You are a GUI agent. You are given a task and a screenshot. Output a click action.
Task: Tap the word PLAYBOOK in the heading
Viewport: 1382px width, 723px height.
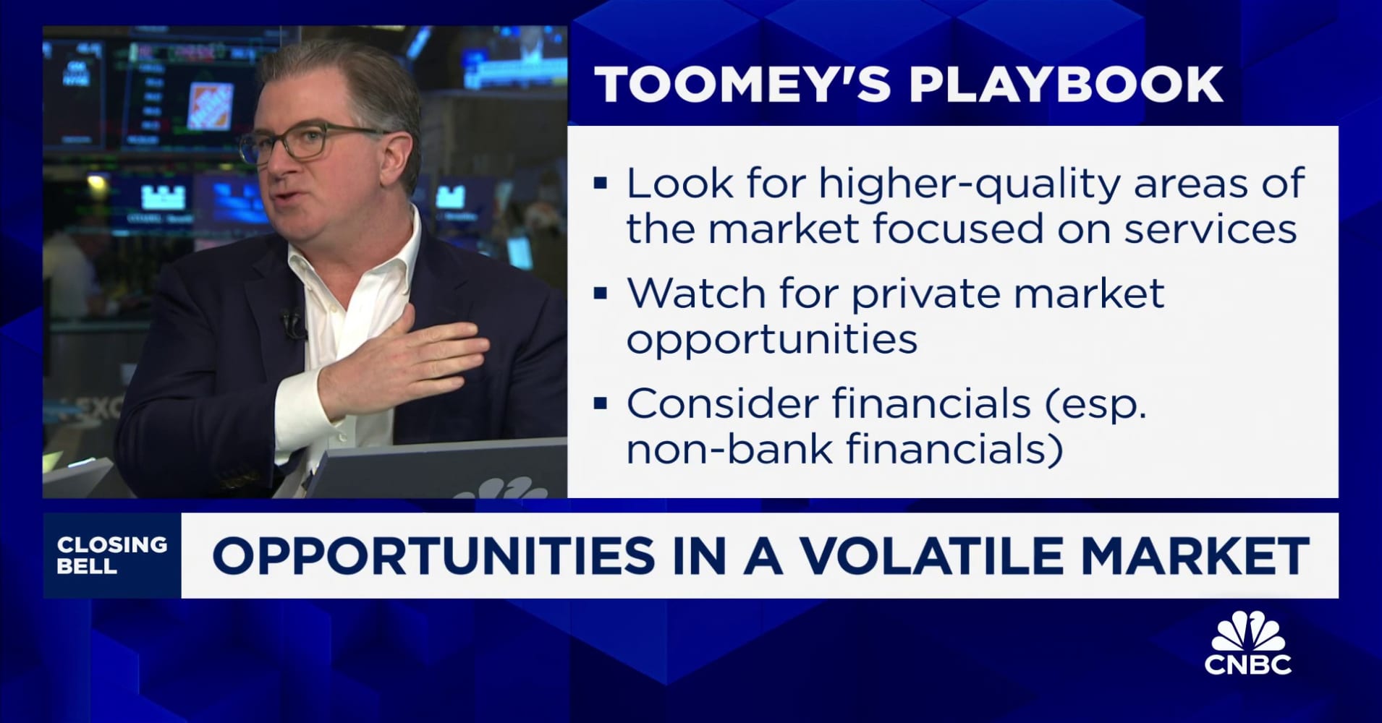1065,85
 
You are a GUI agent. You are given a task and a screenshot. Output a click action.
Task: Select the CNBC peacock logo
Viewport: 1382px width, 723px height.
1247,643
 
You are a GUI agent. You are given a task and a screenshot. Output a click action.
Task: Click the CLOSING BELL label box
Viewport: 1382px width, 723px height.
112,555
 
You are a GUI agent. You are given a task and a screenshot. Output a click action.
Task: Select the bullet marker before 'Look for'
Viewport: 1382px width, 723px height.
600,183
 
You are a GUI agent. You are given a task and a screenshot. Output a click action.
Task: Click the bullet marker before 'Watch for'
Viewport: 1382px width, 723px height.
600,294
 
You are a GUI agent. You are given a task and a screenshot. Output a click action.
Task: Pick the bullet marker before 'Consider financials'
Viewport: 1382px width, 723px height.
600,403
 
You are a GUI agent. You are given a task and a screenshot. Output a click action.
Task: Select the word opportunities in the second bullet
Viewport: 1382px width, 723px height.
771,339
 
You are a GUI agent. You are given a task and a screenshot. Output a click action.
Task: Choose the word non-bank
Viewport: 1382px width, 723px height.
729,448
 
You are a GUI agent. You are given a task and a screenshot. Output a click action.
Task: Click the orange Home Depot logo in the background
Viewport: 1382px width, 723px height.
210,106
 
